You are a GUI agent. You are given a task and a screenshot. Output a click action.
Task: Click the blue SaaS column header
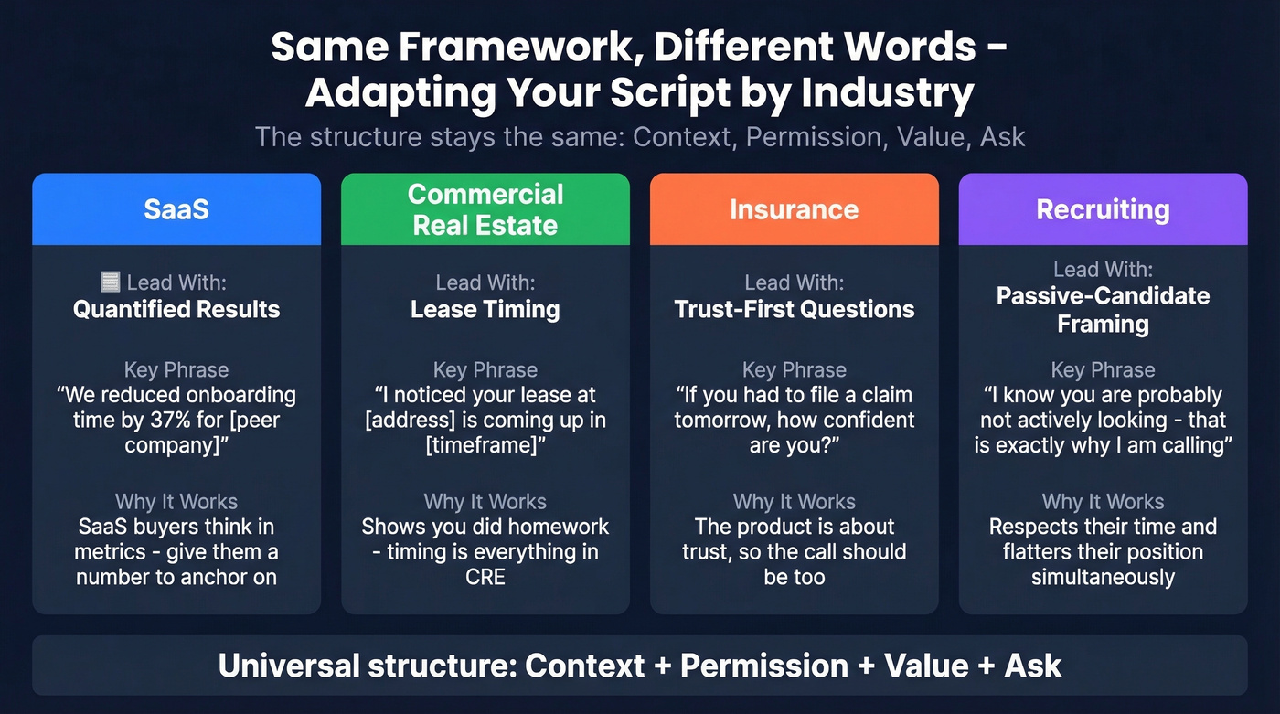click(x=176, y=209)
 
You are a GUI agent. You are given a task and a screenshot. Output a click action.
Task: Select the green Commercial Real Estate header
click(x=485, y=209)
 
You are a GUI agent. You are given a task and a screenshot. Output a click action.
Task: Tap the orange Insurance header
click(x=794, y=209)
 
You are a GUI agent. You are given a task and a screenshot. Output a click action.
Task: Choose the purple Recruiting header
click(x=1103, y=209)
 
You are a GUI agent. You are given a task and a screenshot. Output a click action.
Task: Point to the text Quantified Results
click(x=176, y=309)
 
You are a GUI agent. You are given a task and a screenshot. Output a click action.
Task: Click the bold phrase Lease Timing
click(x=485, y=309)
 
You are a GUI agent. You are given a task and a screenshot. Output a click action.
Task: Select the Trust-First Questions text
click(x=794, y=309)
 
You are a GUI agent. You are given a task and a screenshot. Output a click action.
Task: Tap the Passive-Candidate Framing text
click(x=1103, y=310)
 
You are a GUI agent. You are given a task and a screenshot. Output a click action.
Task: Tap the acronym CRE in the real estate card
click(x=485, y=577)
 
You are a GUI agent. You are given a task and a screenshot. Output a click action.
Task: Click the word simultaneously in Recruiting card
click(x=1103, y=577)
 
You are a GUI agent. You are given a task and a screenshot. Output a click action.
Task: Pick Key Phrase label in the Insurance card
click(x=794, y=370)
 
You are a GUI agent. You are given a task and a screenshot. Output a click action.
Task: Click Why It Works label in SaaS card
click(x=176, y=502)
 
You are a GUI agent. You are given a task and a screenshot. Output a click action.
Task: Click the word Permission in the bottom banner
click(x=763, y=666)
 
